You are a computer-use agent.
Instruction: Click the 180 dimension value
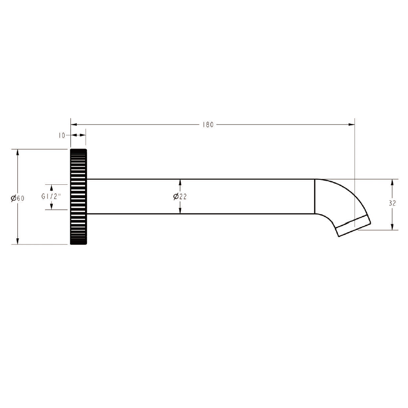point(208,124)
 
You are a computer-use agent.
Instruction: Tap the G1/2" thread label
point(51,197)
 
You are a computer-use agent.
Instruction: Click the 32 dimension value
point(392,204)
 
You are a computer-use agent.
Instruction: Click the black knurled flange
point(78,197)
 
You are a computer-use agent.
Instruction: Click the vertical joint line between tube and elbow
point(315,197)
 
